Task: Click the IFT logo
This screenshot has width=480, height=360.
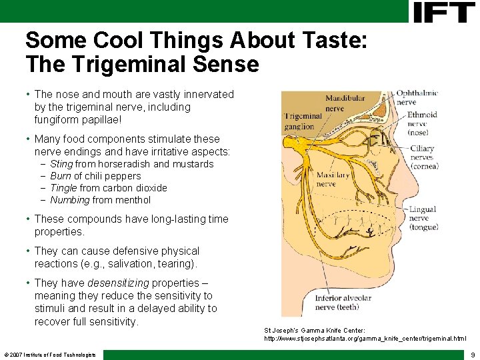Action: point(444,12)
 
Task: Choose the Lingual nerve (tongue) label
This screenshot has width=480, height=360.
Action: point(423,218)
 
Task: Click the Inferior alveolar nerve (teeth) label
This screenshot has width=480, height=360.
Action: point(343,303)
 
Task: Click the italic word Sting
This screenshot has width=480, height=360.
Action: point(61,164)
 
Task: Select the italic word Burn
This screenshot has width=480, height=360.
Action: point(61,176)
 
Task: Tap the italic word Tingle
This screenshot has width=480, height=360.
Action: point(63,188)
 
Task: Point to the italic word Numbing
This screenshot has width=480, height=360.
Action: point(69,200)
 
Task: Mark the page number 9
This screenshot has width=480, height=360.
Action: point(472,355)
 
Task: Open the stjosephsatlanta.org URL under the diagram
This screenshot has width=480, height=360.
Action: point(365,339)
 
